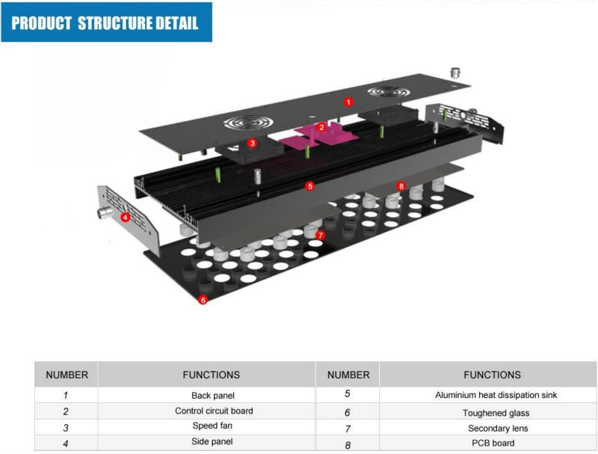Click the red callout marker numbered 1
[x=348, y=102]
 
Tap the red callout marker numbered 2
[x=321, y=127]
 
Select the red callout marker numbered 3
[x=252, y=144]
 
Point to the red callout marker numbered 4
[x=125, y=218]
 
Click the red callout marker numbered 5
[x=310, y=186]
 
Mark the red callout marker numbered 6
[x=203, y=300]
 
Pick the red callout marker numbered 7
[x=320, y=236]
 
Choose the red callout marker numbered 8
[x=401, y=186]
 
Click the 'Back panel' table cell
[x=213, y=395]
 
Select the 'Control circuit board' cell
[x=214, y=411]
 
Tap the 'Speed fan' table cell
[x=212, y=426]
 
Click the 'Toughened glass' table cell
[x=496, y=413]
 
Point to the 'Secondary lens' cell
[x=498, y=428]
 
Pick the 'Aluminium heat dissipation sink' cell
[x=496, y=395]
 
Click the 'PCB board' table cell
[x=493, y=443]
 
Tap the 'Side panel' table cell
[x=212, y=441]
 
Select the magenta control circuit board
[x=318, y=136]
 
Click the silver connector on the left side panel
[x=104, y=212]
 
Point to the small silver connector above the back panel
[x=455, y=72]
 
